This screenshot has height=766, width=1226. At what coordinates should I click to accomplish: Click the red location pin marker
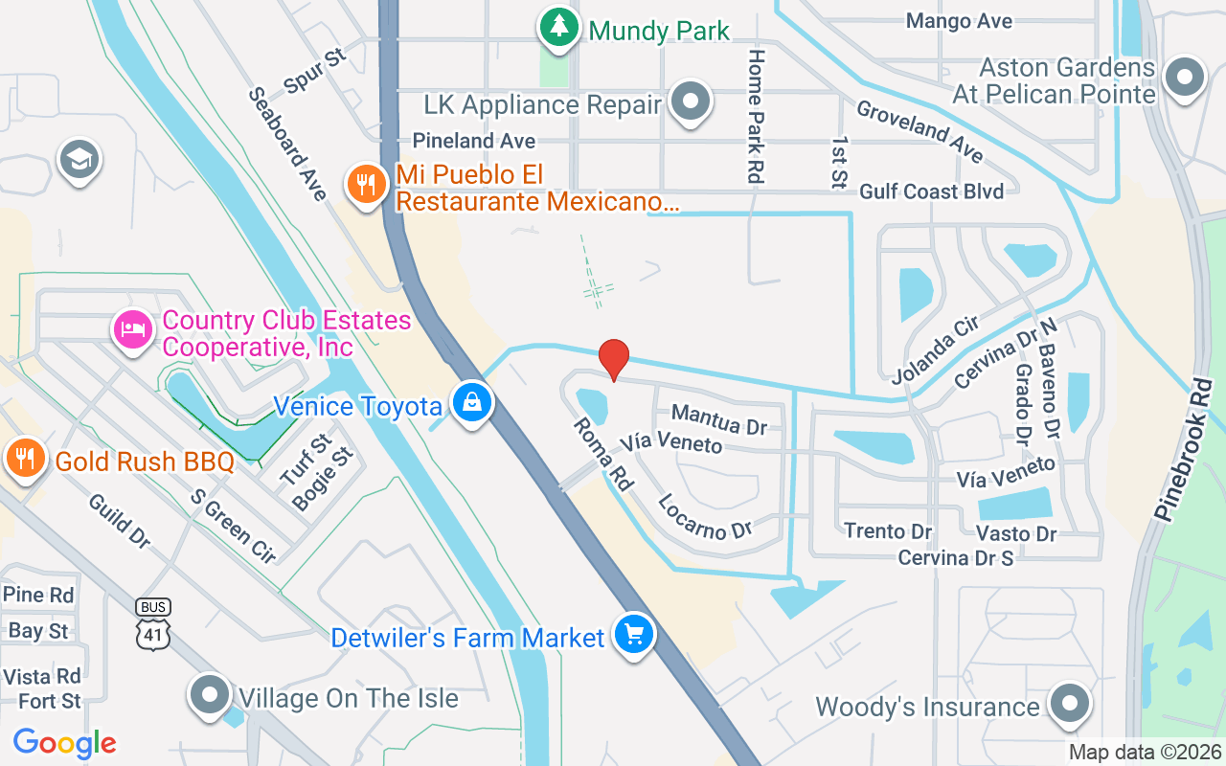pos(613,359)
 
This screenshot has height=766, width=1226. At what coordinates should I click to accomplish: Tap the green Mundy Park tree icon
pos(558,28)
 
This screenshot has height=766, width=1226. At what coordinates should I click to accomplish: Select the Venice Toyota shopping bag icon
pos(472,404)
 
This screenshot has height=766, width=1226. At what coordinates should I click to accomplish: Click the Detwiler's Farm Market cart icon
pos(632,635)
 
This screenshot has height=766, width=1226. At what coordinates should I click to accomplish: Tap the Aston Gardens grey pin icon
pos(1184,78)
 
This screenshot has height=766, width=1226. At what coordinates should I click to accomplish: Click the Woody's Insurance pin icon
pos(1068,705)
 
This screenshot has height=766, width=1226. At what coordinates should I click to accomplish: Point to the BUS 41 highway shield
pos(154,625)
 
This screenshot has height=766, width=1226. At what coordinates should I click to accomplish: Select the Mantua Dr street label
pos(718,418)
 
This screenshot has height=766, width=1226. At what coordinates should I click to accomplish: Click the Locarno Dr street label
pos(705,517)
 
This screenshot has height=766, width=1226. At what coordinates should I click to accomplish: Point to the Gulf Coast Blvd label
pos(931,191)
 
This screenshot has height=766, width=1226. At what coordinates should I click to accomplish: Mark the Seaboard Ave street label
pos(287,144)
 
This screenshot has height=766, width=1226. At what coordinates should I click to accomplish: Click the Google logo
pos(65,742)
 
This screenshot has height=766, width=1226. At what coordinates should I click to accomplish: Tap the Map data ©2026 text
pos(1145,752)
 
